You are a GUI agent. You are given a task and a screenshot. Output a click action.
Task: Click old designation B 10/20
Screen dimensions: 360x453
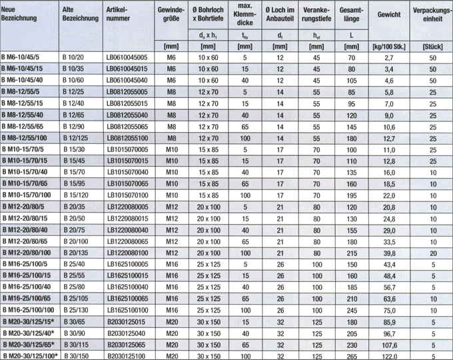click(73, 58)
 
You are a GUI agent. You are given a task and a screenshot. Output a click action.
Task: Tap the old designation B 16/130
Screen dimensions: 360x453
click(75, 311)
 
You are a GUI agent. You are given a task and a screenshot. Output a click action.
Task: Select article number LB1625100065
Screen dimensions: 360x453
click(126, 299)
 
